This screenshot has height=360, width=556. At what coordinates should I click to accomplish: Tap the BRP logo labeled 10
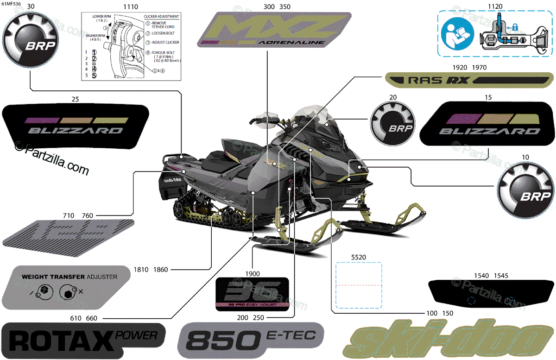pos(526,190)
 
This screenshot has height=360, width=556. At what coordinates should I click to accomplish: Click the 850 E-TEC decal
pos(250,341)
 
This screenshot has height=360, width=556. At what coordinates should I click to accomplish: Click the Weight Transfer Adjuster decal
pos(69,286)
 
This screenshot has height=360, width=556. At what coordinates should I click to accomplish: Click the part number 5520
pos(359,256)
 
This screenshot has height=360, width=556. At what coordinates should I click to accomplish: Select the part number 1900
pos(253,273)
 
